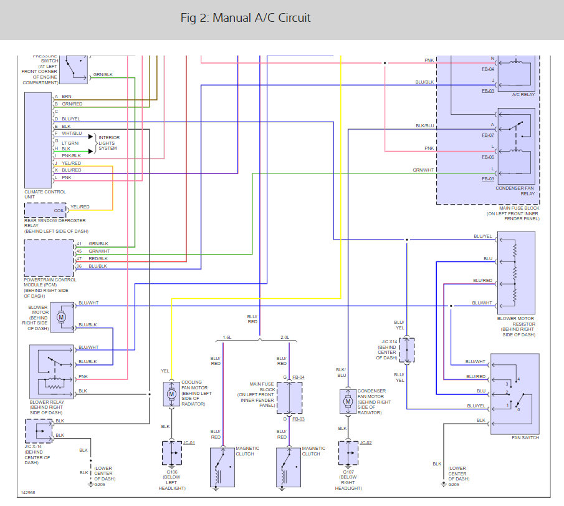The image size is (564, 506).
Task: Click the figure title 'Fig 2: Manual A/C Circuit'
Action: [x=246, y=18]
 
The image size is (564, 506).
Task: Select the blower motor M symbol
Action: [x=61, y=318]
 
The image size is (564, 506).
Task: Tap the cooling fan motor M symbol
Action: [x=171, y=394]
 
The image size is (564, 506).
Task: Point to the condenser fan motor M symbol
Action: [x=348, y=401]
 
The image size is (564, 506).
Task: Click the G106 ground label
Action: [x=172, y=472]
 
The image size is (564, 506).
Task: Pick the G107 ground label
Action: [x=348, y=472]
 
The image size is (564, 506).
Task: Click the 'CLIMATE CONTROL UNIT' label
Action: [x=45, y=195]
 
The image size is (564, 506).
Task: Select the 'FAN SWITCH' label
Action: [x=525, y=437]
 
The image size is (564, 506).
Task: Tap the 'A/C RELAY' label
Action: [x=523, y=94]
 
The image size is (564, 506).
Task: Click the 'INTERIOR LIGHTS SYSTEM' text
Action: [x=109, y=143]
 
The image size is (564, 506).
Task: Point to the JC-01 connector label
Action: [x=189, y=442]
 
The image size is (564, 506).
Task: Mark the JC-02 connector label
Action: [x=366, y=442]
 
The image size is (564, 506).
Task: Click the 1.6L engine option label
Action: [x=227, y=338]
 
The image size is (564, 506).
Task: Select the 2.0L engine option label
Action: [x=285, y=338]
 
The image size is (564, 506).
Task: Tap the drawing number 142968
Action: [x=28, y=492]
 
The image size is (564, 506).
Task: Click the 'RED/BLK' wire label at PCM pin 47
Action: [x=98, y=258]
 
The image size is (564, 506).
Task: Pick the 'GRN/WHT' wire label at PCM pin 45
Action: [x=99, y=251]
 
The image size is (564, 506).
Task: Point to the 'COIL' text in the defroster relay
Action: [x=59, y=210]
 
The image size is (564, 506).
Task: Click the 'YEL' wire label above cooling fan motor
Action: [x=165, y=371]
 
